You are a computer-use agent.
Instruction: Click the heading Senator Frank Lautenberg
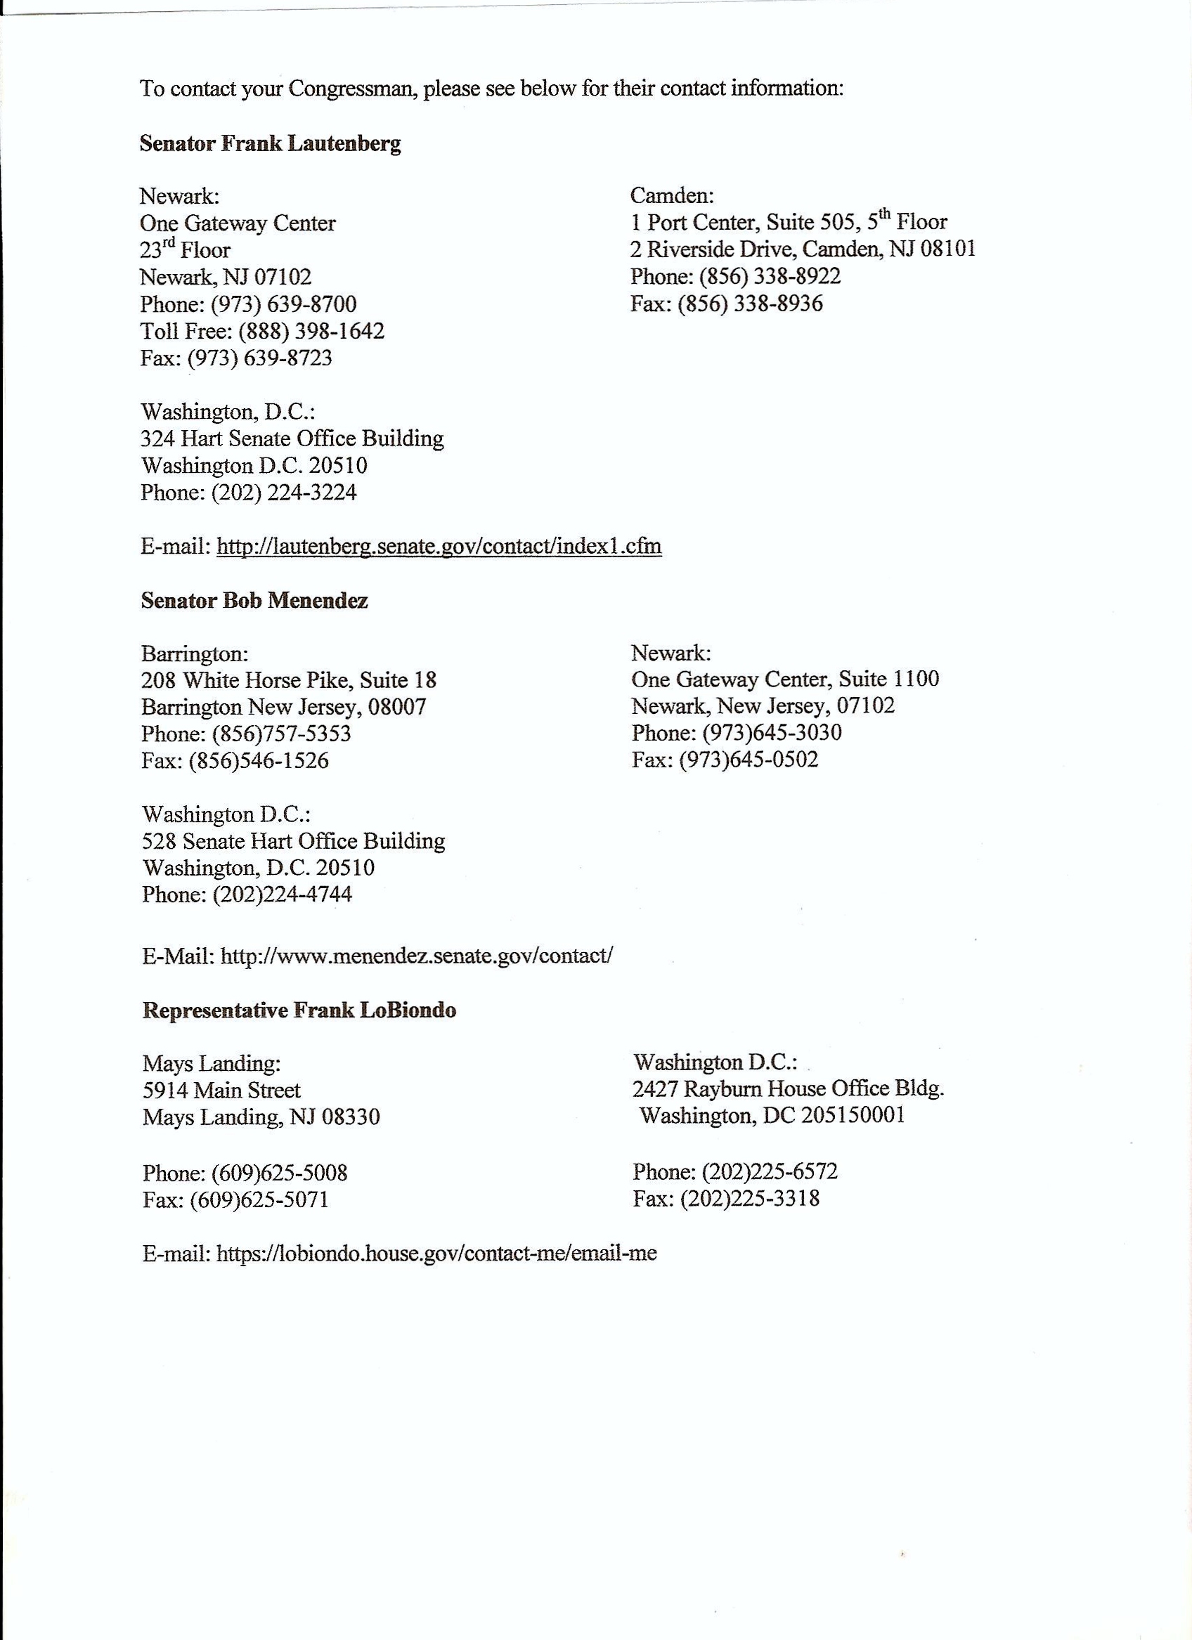[270, 143]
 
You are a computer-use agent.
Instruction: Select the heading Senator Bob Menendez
[254, 600]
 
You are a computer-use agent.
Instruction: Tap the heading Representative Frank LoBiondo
[299, 1010]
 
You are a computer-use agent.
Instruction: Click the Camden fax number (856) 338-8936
[750, 303]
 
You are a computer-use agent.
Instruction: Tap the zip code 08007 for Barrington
[397, 705]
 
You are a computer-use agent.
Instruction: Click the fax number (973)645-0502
[749, 760]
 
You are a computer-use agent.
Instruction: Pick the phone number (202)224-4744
[282, 894]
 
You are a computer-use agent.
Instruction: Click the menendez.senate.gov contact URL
[417, 955]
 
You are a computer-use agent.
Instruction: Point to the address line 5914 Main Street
[221, 1090]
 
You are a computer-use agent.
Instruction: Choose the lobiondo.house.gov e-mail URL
[436, 1253]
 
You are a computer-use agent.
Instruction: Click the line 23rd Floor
[185, 250]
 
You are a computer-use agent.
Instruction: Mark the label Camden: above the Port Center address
[672, 195]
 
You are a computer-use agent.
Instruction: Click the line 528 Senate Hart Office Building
[293, 841]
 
